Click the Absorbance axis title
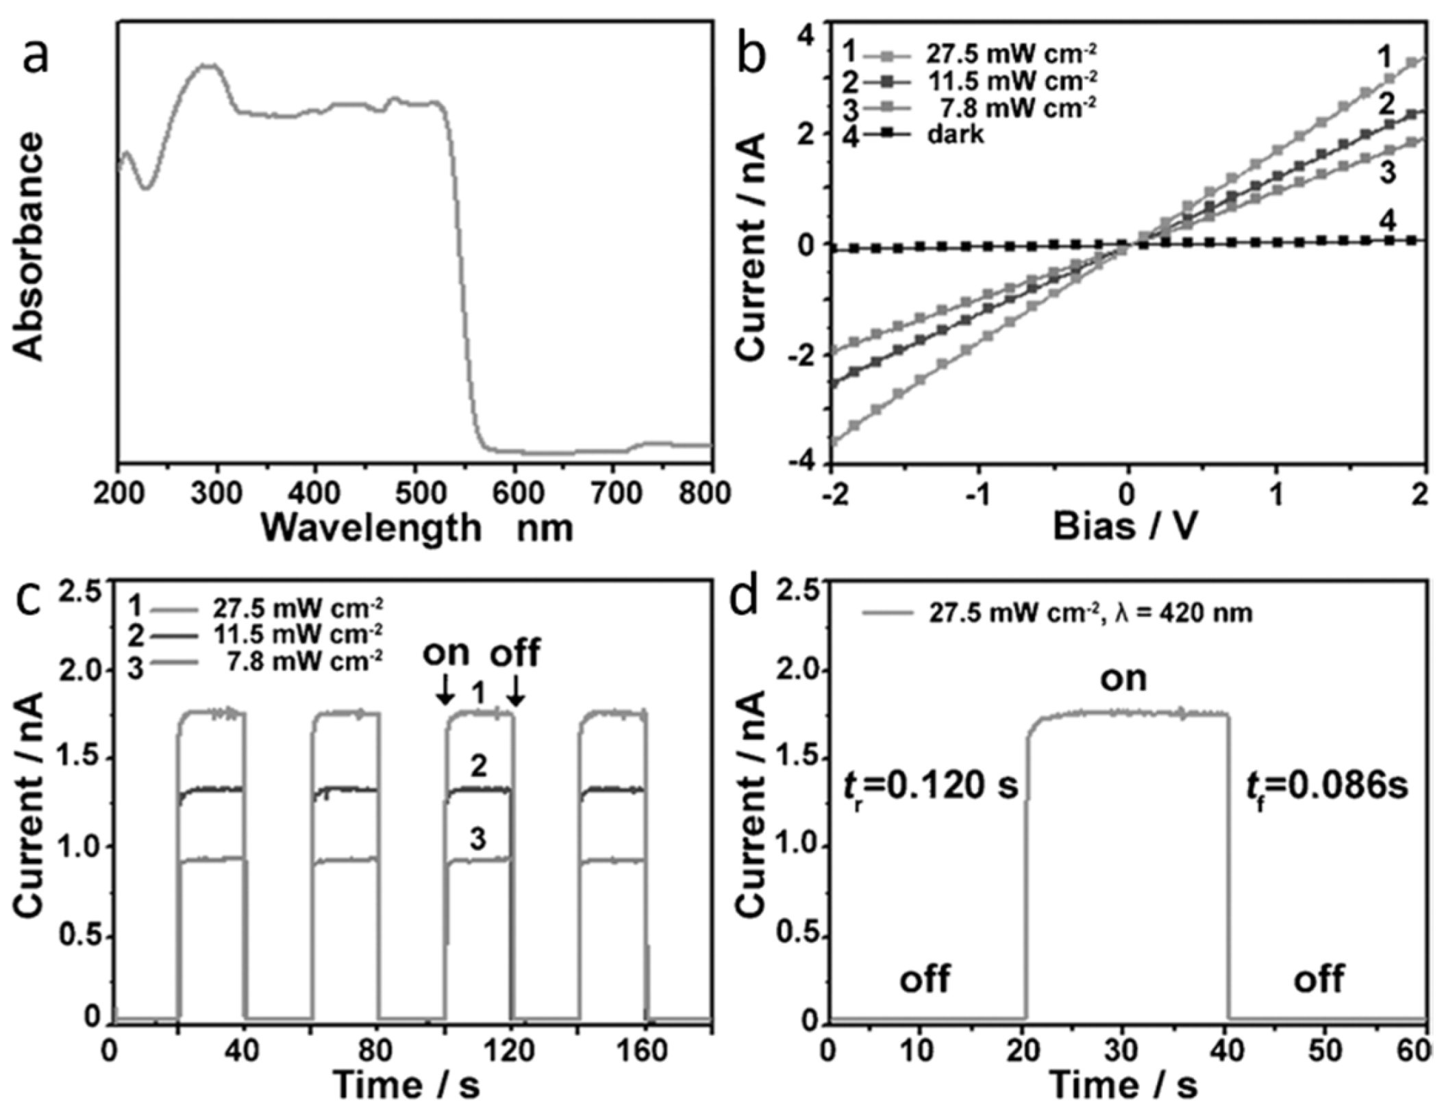[29, 246]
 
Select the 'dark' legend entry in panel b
[955, 135]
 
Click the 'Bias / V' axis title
[1125, 526]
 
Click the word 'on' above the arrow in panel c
[446, 652]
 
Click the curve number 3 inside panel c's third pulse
[477, 839]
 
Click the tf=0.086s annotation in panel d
[1326, 787]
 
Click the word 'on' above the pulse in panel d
[1123, 678]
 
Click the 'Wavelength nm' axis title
[418, 527]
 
